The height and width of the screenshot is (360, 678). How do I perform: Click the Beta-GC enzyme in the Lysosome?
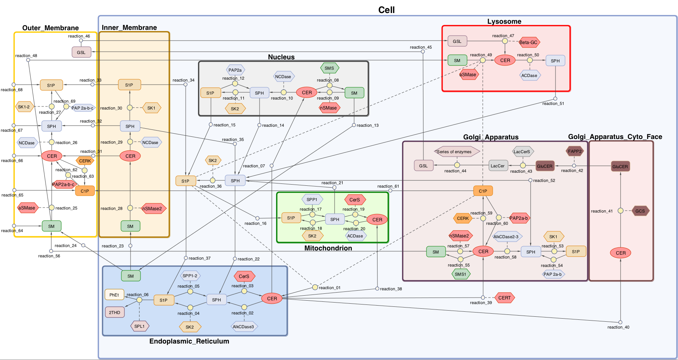click(x=529, y=43)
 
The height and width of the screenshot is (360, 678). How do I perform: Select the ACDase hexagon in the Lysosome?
click(x=529, y=75)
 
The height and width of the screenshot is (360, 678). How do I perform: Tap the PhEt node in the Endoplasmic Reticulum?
click(x=114, y=295)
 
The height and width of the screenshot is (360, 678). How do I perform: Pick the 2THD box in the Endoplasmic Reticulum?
click(x=114, y=313)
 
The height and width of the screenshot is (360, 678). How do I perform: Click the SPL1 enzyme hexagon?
click(x=140, y=326)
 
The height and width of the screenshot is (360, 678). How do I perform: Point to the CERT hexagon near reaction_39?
click(x=505, y=298)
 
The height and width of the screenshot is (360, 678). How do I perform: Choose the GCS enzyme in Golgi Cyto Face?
click(x=640, y=211)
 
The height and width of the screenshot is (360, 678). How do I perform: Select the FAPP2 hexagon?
click(x=575, y=151)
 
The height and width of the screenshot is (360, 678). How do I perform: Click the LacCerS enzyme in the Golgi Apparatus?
click(x=522, y=152)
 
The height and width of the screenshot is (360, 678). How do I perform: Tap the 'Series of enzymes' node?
click(x=456, y=152)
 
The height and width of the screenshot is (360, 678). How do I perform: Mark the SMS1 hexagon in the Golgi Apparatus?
click(x=461, y=274)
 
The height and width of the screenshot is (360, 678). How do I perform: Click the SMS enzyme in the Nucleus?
click(x=329, y=68)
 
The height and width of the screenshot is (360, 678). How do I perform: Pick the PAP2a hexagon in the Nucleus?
click(x=235, y=70)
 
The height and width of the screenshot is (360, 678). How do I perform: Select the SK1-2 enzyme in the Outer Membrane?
click(x=24, y=107)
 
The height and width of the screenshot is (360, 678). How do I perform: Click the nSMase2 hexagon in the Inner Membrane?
click(x=152, y=209)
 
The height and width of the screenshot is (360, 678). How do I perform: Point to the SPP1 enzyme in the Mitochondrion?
click(x=312, y=200)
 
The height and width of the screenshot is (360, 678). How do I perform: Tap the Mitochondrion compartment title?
click(x=328, y=248)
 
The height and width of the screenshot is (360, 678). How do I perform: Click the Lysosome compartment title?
click(x=504, y=21)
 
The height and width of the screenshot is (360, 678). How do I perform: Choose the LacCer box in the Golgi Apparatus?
click(x=498, y=166)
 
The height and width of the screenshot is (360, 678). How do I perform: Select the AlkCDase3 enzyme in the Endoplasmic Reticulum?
click(x=243, y=327)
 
